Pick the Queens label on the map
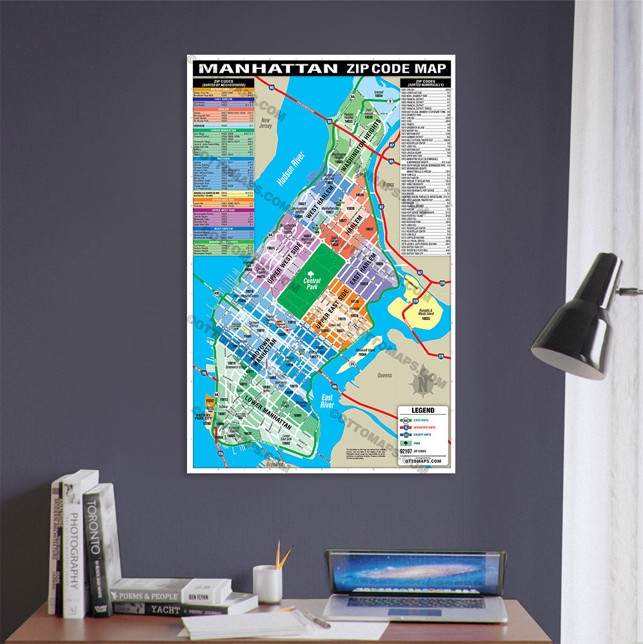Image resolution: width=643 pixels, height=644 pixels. pyautogui.click(x=385, y=375)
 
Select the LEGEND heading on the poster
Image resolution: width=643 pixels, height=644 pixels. pyautogui.click(x=422, y=410)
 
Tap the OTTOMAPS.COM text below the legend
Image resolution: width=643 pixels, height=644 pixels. pyautogui.click(x=422, y=461)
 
